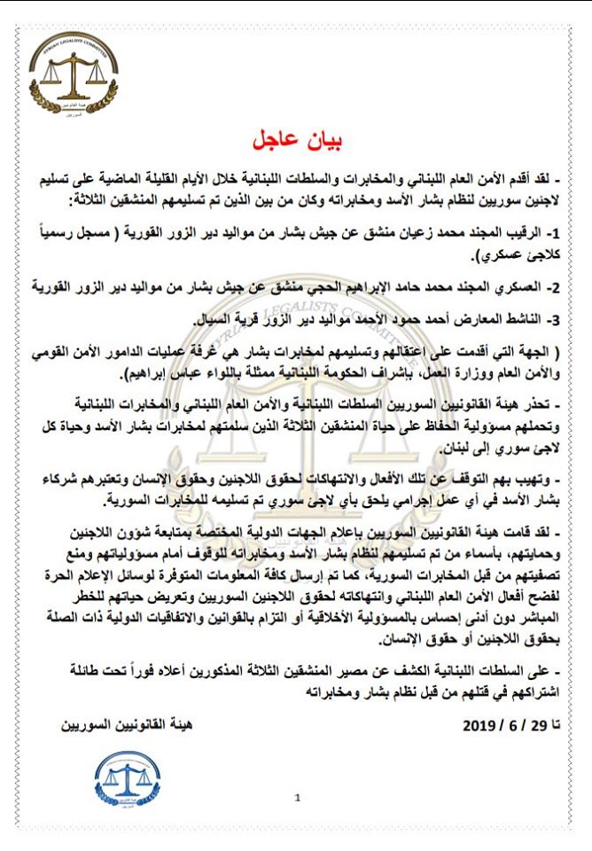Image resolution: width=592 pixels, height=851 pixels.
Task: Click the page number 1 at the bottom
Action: pos(298,798)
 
